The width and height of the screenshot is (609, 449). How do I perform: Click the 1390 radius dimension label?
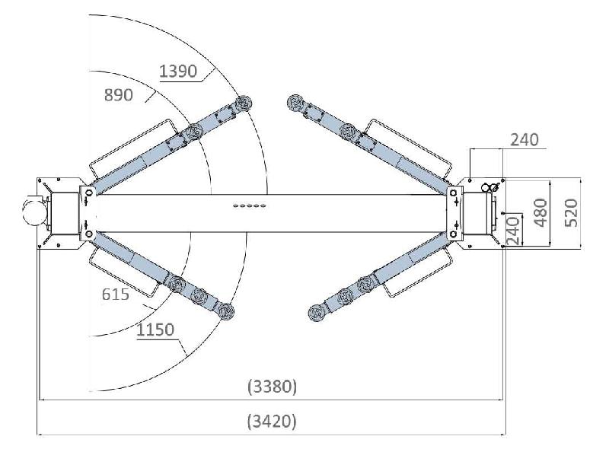click(x=178, y=71)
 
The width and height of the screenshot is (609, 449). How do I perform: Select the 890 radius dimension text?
click(x=119, y=95)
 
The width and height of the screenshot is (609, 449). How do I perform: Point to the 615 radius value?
click(x=116, y=295)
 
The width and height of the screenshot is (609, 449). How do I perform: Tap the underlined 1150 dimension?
click(x=155, y=330)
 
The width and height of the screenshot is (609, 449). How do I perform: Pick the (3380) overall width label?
click(x=272, y=387)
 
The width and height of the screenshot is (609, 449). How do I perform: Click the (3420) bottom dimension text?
click(x=272, y=421)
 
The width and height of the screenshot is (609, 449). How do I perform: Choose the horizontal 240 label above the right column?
click(x=525, y=140)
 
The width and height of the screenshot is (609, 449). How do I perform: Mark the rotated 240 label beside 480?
click(x=513, y=230)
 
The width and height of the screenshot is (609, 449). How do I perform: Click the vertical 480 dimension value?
click(x=540, y=212)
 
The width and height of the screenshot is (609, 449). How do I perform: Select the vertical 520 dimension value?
click(x=571, y=212)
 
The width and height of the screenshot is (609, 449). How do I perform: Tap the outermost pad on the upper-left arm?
click(x=244, y=103)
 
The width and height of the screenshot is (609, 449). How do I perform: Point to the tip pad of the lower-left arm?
click(x=225, y=311)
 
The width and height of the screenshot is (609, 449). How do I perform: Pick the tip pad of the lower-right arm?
click(x=317, y=313)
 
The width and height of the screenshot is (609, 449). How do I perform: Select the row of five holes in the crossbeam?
click(x=250, y=205)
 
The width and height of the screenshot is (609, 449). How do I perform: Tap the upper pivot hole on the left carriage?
click(x=89, y=193)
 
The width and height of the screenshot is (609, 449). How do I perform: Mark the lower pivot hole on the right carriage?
click(x=453, y=234)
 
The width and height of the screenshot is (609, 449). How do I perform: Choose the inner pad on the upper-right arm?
click(x=348, y=132)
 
